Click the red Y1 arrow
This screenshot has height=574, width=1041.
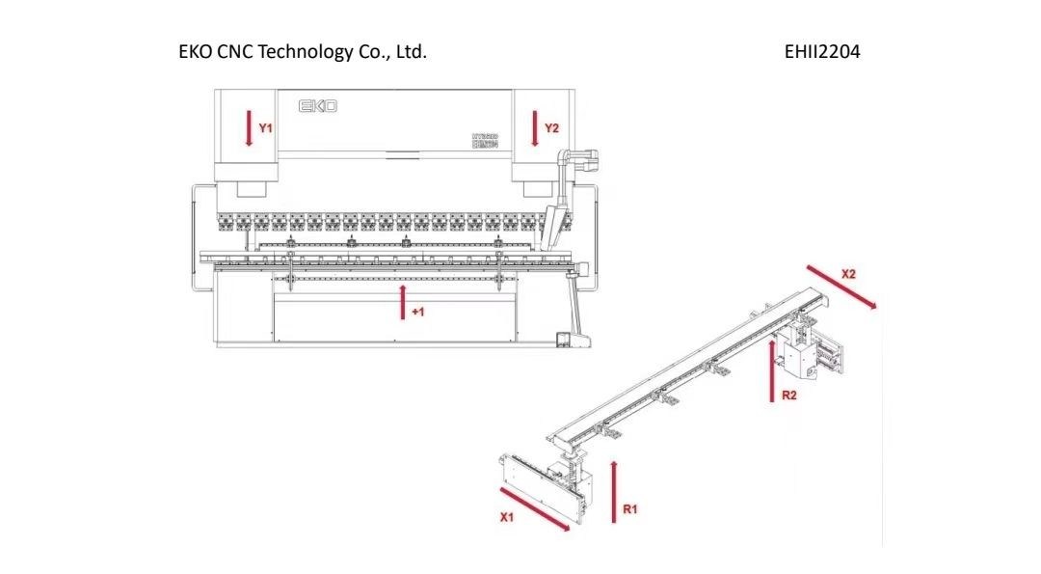(x=249, y=128)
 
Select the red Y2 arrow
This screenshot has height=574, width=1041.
(x=534, y=128)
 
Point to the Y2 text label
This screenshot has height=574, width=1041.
(x=551, y=127)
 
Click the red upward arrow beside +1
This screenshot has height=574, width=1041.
(x=403, y=301)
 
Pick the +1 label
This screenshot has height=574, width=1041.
(x=418, y=312)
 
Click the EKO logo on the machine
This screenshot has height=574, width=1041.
(x=317, y=105)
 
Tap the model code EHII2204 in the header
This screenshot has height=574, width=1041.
(x=822, y=52)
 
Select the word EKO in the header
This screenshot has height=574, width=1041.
(x=196, y=52)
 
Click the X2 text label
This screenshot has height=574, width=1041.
(x=848, y=273)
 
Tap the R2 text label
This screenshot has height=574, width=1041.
(x=788, y=395)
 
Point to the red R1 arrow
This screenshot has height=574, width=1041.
(x=614, y=491)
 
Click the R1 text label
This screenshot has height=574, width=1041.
(x=630, y=509)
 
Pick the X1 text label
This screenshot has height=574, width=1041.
(x=507, y=518)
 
